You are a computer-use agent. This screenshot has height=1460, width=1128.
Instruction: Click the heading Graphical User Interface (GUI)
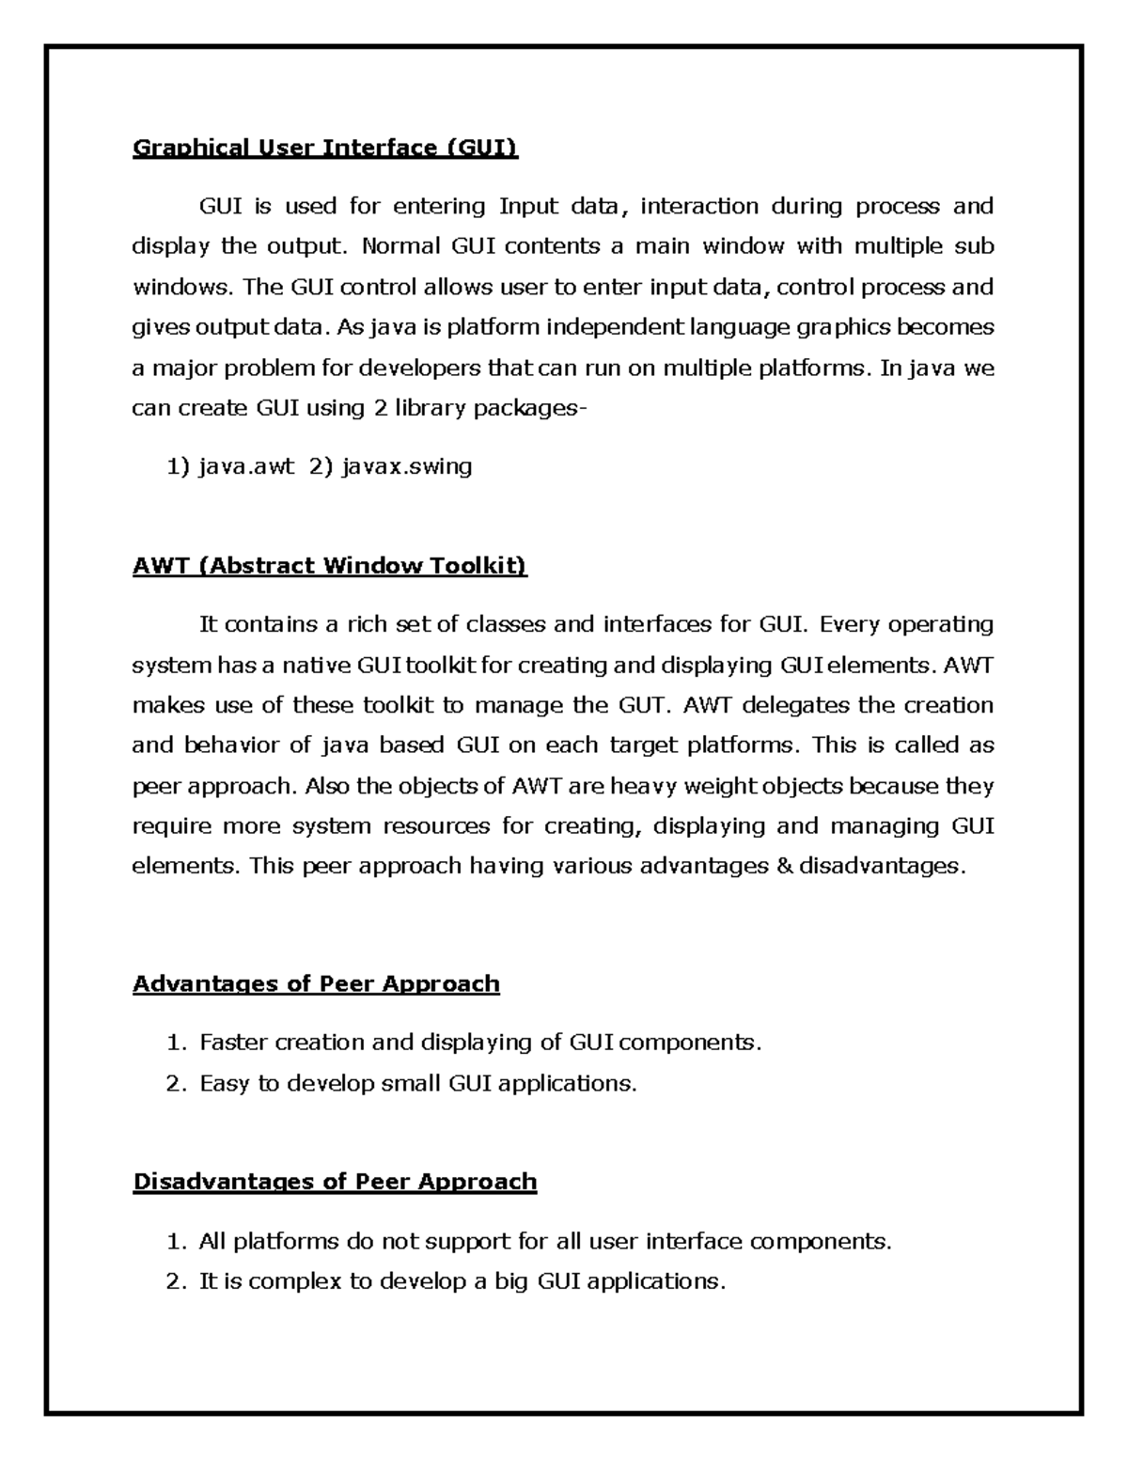[x=325, y=148]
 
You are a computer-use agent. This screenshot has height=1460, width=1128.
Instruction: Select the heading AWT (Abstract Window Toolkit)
[x=330, y=566]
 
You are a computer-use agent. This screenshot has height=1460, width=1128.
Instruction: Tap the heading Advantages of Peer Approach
[x=316, y=984]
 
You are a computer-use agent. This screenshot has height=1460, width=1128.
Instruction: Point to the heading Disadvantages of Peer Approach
[x=335, y=1182]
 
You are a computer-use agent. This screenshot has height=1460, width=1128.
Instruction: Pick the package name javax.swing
[x=407, y=466]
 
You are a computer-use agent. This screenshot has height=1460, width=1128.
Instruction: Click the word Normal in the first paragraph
[x=400, y=247]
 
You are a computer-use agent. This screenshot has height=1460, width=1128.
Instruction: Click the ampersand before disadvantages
[x=785, y=867]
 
